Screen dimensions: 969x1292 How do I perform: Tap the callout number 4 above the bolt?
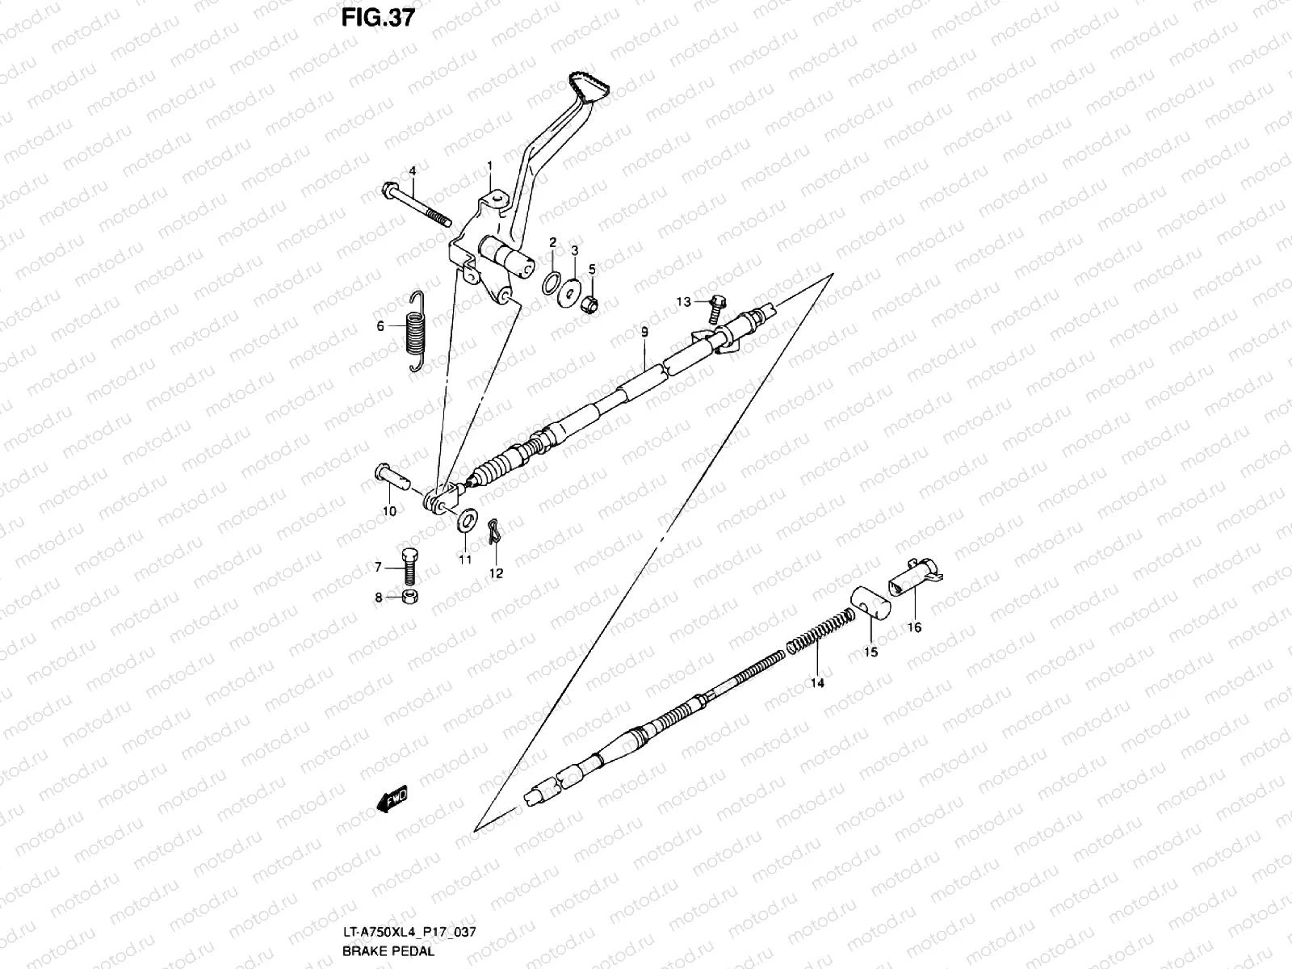coord(412,171)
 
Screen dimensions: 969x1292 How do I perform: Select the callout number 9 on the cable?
coord(644,332)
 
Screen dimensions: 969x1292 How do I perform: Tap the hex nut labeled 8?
coord(410,598)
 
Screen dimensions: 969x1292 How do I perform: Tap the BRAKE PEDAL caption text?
coord(388,950)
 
